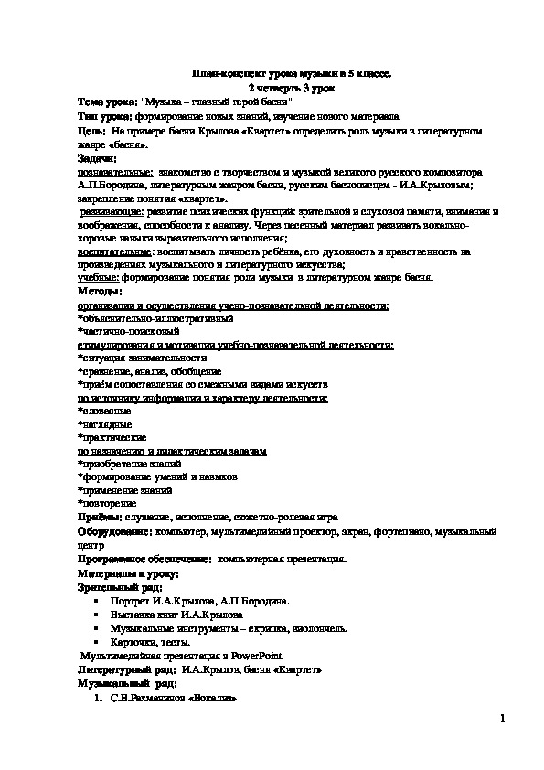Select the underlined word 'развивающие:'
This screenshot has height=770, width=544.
(x=111, y=210)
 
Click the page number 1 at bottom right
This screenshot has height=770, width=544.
(x=502, y=720)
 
